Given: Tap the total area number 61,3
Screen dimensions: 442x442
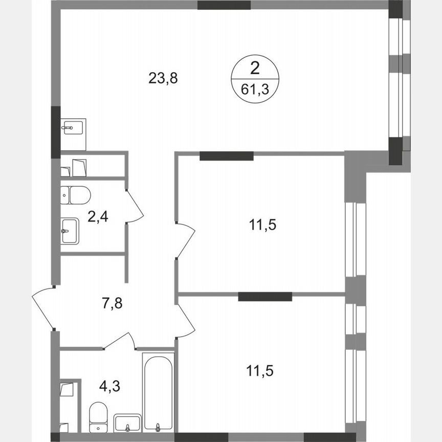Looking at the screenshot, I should (254, 91).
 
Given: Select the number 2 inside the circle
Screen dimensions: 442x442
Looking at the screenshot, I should (254, 68).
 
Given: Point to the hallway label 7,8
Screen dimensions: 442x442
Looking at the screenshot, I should (112, 303).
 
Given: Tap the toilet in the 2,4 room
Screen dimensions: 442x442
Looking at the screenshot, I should (76, 194).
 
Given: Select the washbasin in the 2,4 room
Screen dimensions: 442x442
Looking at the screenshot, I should (70, 231).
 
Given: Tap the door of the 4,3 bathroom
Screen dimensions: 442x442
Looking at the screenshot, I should (120, 339).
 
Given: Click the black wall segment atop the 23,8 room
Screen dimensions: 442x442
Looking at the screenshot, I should (224, 6).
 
